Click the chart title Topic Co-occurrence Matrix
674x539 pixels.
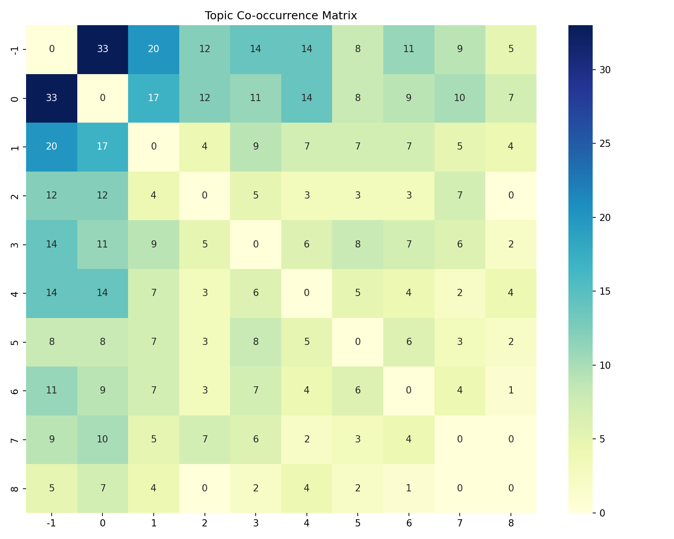click(x=281, y=16)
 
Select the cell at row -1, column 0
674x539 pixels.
click(x=102, y=49)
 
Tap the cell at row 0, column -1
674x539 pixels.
click(x=52, y=98)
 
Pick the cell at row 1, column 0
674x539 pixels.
click(x=102, y=147)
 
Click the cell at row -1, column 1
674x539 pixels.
click(x=154, y=49)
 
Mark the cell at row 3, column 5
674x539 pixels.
click(x=358, y=244)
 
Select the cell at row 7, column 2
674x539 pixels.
click(x=204, y=439)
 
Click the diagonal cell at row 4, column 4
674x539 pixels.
click(x=306, y=293)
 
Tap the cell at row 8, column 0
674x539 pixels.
click(x=102, y=488)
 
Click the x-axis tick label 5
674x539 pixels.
click(x=358, y=523)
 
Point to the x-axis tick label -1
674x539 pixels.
click(x=52, y=523)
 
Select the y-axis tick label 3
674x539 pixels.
click(x=14, y=244)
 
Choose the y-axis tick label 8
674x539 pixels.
click(x=14, y=488)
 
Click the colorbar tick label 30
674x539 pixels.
click(x=604, y=70)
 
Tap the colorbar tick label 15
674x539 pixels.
click(x=604, y=292)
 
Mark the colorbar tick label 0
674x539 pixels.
click(x=602, y=513)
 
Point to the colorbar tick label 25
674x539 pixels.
click(x=604, y=144)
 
